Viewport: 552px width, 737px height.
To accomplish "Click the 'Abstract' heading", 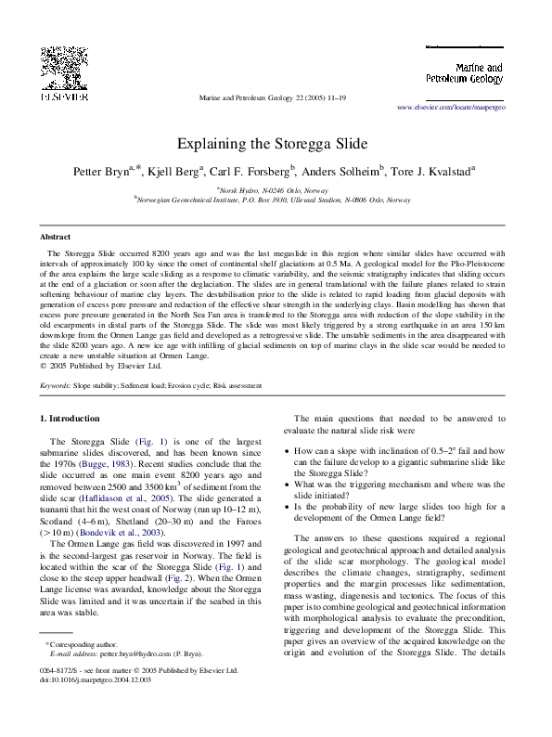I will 58,238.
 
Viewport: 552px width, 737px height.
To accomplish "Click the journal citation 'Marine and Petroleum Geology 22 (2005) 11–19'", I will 276,96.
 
